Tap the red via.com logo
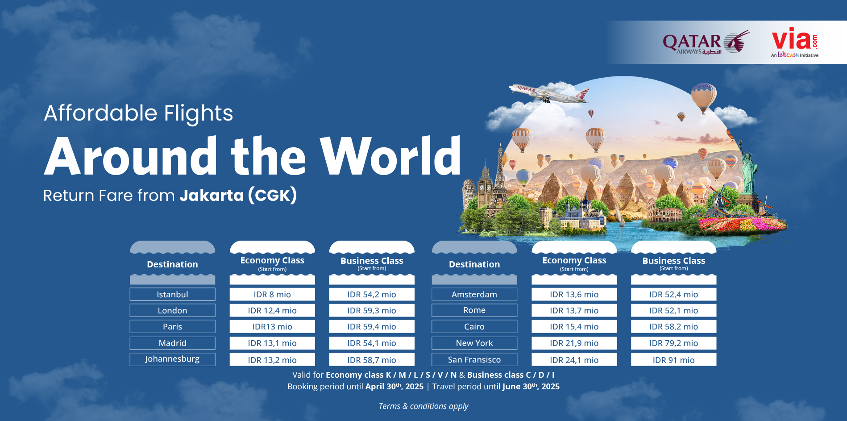[795, 42]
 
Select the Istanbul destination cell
[172, 294]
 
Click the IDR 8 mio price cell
[272, 294]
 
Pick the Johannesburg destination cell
[172, 359]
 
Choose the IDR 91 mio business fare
[673, 360]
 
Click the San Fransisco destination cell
[474, 359]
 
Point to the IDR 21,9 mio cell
[574, 343]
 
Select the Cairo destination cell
[474, 326]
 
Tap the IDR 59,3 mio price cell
[372, 310]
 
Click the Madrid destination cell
[172, 343]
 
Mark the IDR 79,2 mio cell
[673, 343]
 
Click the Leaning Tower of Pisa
[469, 194]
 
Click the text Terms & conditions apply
[423, 406]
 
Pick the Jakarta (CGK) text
[238, 196]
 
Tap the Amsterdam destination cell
[474, 294]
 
